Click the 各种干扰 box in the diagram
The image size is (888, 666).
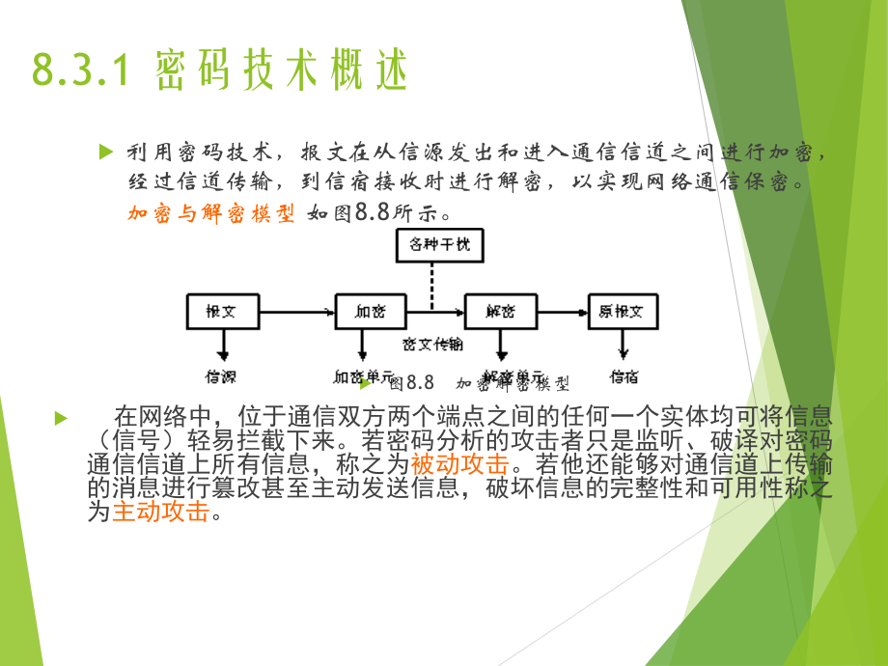tap(439, 246)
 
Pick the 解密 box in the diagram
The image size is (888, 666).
tap(499, 312)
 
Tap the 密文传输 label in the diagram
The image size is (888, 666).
tap(431, 343)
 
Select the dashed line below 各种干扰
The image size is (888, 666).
tap(432, 285)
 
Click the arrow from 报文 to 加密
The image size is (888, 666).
tap(293, 312)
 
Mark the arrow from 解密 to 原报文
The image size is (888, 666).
tap(562, 312)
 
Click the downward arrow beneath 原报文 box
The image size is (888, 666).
tap(624, 345)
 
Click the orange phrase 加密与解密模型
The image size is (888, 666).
tap(210, 214)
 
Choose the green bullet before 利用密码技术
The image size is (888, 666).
tap(105, 153)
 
